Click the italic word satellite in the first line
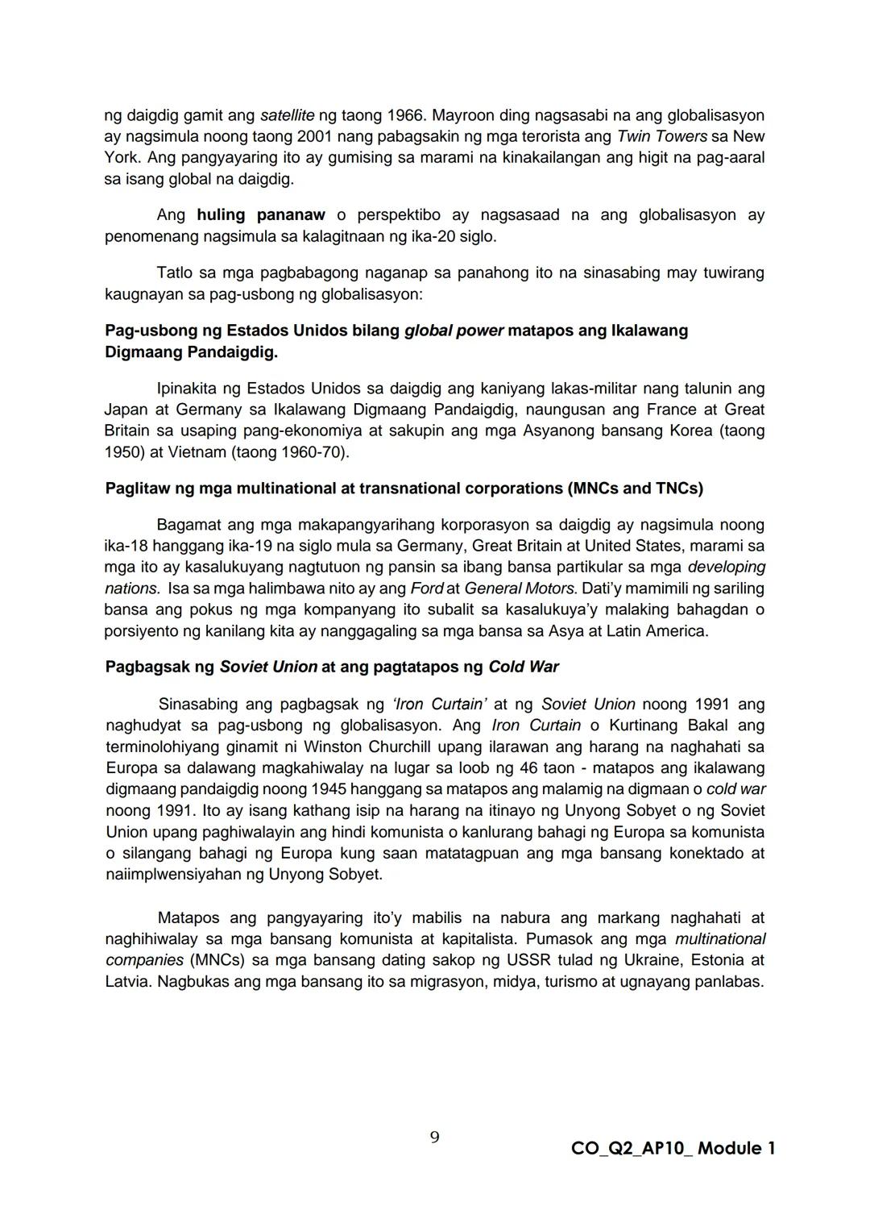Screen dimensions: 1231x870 click(x=288, y=115)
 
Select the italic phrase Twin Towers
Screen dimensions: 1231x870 click(x=661, y=136)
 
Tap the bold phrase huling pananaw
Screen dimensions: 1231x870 click(x=260, y=215)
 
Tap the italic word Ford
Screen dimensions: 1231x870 click(x=426, y=588)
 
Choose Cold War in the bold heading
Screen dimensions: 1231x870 click(x=524, y=667)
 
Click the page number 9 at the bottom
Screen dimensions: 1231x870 click(x=434, y=1137)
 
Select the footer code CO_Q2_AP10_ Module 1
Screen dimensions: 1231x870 click(x=673, y=1148)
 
